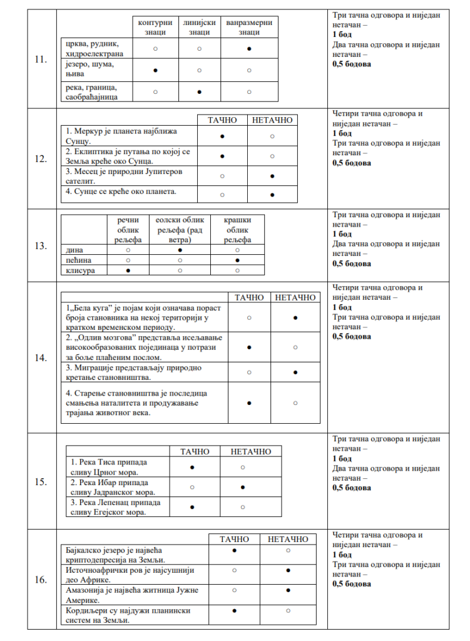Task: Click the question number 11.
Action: pos(41,61)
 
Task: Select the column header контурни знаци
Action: pos(155,27)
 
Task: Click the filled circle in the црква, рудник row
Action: pos(249,48)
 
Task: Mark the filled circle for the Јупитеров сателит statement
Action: pos(272,177)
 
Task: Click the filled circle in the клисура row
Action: pos(128,270)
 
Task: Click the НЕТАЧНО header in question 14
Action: pos(295,297)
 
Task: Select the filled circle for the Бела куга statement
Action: pos(295,318)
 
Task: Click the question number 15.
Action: pos(41,483)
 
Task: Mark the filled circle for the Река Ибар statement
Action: pos(242,486)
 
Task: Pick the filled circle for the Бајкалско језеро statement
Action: pos(234,550)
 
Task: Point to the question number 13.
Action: pos(41,245)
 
